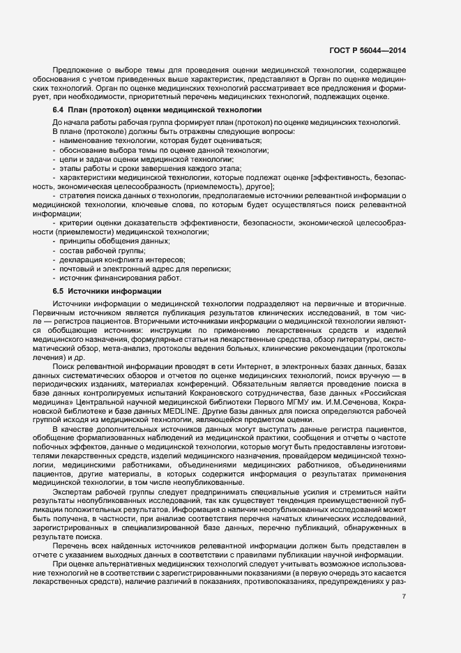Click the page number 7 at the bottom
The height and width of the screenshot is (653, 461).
pyautogui.click(x=404, y=596)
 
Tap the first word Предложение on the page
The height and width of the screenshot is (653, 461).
pyautogui.click(x=79, y=70)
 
